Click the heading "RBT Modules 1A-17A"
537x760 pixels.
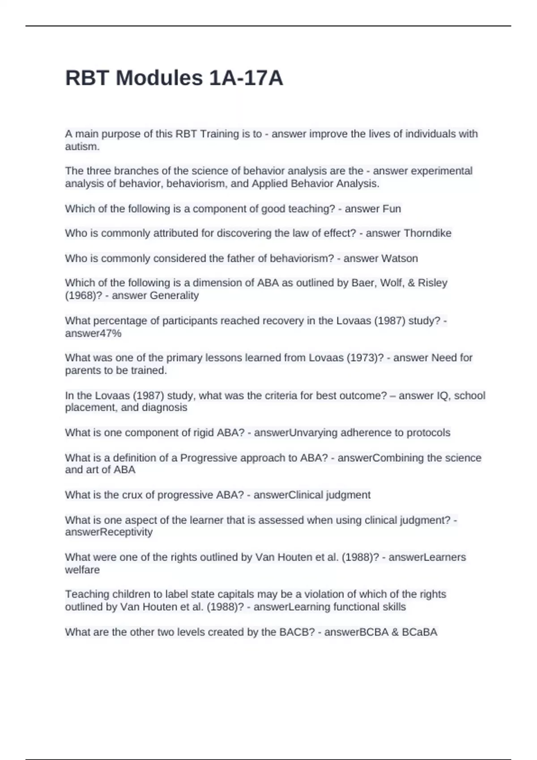174,78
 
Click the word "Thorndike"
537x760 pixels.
427,233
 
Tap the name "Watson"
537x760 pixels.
399,258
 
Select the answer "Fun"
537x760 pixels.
392,209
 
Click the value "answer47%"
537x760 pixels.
93,333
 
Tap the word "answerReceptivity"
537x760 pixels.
109,532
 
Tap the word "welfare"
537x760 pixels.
82,570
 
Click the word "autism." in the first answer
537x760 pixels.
82,147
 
